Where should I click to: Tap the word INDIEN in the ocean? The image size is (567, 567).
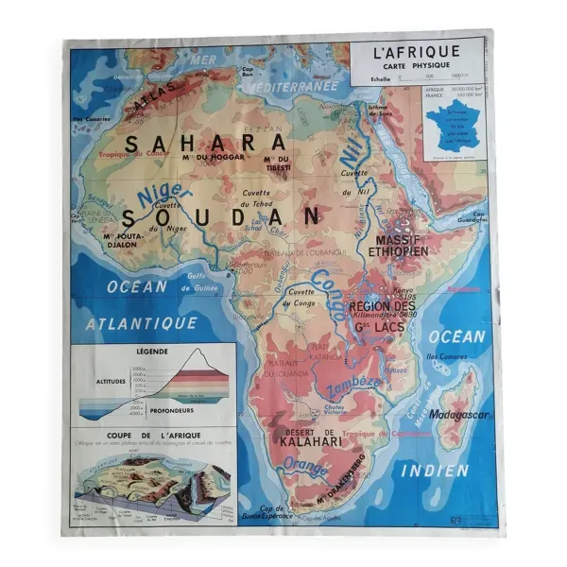pyautogui.click(x=434, y=470)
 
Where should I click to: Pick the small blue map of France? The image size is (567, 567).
pyautogui.click(x=453, y=129)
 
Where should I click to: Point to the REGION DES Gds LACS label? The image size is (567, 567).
pyautogui.click(x=382, y=316)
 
